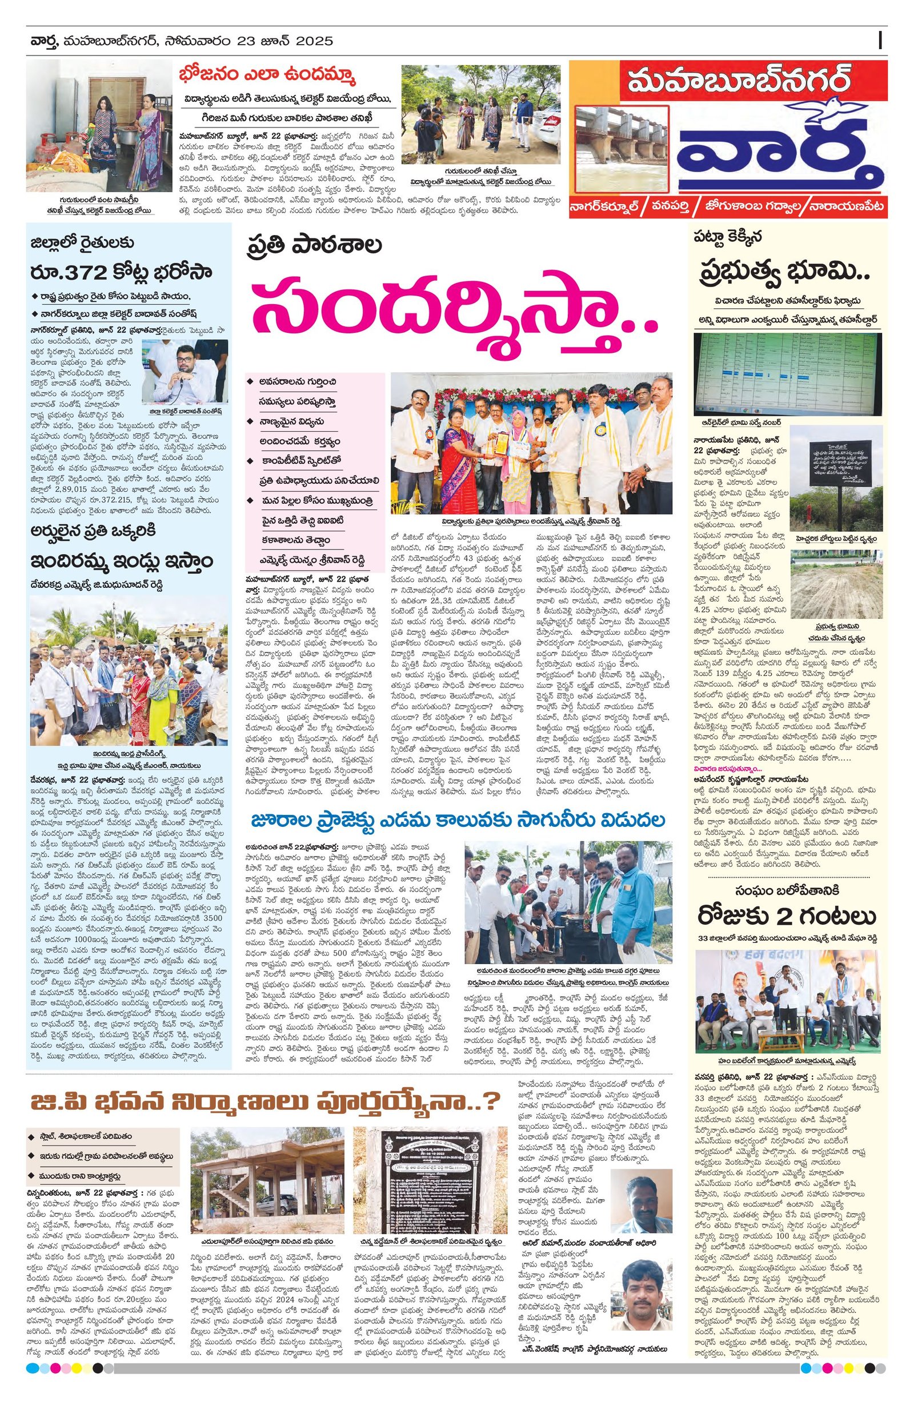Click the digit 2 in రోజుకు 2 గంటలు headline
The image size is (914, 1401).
point(796,917)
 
